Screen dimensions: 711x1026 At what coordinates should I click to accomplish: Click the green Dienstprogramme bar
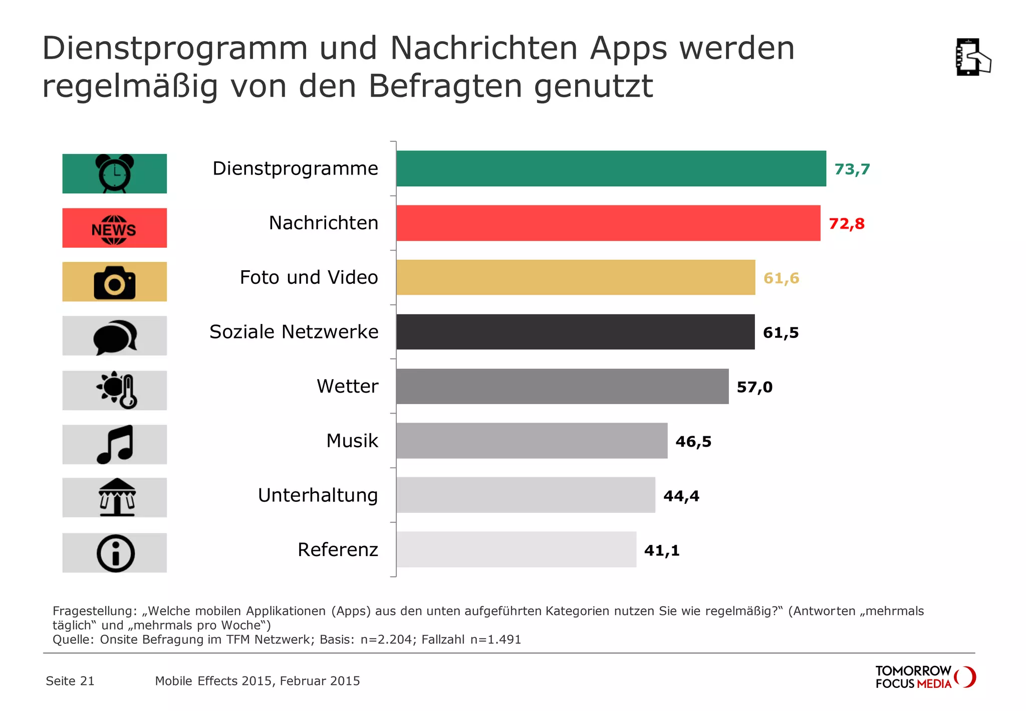(x=611, y=168)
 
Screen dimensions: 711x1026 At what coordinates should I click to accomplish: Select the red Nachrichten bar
(x=608, y=223)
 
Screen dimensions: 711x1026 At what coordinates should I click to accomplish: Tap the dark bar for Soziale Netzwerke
(x=575, y=332)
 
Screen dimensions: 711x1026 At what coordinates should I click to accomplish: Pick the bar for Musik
(x=532, y=441)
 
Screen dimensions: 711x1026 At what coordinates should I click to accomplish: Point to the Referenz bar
(x=516, y=550)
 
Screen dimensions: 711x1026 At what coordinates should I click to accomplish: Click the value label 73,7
(x=852, y=169)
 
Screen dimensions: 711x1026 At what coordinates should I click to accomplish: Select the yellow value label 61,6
(x=781, y=278)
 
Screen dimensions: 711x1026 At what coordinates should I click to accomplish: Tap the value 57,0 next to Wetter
(x=754, y=387)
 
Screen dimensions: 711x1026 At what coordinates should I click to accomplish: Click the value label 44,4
(x=681, y=496)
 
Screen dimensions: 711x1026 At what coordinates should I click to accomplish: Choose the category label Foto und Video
(x=309, y=277)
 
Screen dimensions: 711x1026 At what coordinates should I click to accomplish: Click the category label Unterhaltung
(x=318, y=495)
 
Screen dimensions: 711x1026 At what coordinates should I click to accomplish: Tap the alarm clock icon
(x=115, y=173)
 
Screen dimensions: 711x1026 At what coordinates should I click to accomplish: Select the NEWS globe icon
(x=114, y=229)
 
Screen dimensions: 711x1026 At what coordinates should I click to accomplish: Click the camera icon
(x=115, y=283)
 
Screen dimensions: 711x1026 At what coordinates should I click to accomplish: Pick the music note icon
(x=115, y=444)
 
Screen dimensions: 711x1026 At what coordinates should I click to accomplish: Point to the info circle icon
(x=115, y=554)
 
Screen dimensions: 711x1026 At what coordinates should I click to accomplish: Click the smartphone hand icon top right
(x=972, y=57)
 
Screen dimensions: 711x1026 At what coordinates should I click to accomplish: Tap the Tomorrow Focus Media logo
(x=925, y=677)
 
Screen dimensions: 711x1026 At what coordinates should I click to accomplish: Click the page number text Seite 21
(x=70, y=681)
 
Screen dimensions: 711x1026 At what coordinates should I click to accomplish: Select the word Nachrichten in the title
(x=483, y=49)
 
